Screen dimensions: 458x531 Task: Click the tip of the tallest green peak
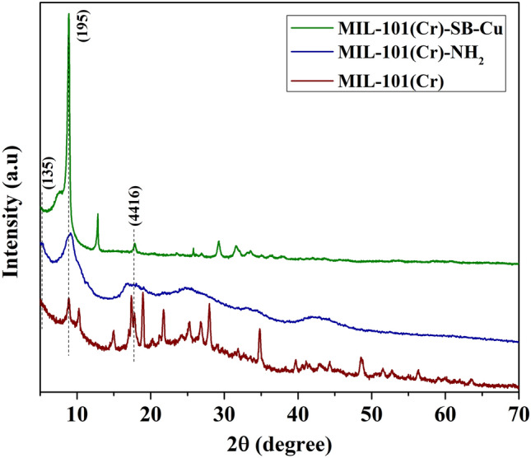[68, 14]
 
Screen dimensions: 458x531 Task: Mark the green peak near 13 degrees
[98, 214]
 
